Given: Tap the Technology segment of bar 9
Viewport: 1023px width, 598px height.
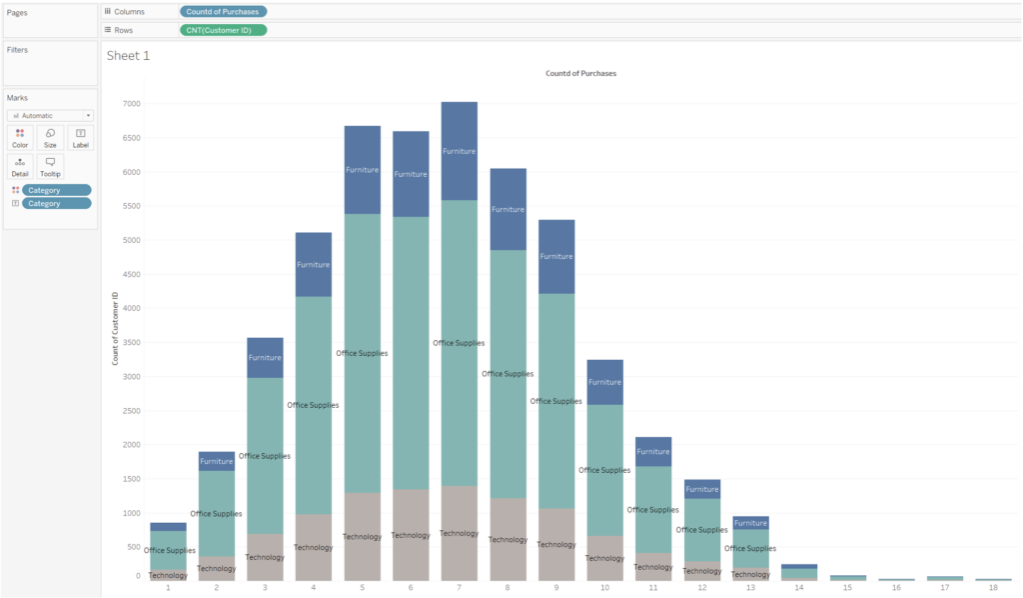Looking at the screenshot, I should tap(556, 560).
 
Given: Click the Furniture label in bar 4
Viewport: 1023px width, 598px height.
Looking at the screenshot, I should tap(314, 265).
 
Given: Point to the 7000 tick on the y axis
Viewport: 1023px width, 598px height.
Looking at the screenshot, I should tap(132, 104).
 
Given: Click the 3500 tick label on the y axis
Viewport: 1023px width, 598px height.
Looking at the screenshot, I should tap(132, 343).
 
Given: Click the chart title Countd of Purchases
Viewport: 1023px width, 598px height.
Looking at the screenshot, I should tap(580, 74).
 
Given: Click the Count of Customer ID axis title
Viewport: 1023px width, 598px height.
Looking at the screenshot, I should tap(115, 327).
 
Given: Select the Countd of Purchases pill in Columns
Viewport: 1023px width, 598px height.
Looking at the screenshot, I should tap(223, 11).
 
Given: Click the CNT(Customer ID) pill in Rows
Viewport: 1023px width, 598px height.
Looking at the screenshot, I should tap(223, 30).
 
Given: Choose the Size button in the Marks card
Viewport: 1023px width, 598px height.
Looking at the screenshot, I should tap(50, 138).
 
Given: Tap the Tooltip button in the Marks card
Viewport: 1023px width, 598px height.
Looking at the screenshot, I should tap(50, 167).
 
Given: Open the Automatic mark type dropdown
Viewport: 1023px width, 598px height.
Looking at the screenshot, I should tap(51, 115).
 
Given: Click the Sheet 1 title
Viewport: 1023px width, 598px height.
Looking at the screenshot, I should tap(128, 56).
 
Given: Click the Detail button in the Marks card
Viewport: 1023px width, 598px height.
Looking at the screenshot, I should tap(20, 167).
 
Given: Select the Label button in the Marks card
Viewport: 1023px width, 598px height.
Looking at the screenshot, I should tap(81, 138).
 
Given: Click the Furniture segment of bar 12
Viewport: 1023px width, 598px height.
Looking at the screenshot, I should tap(701, 488).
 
